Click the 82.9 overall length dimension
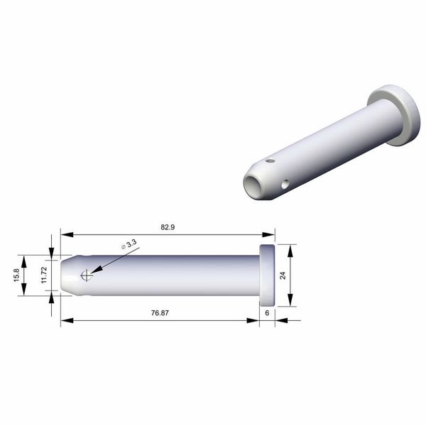(167, 227)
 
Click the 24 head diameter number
(283, 275)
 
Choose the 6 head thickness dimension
(266, 312)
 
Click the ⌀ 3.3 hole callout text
(129, 245)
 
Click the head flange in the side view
(267, 275)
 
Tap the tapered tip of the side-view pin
(67, 275)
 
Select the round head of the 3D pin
(395, 114)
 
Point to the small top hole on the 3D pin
(270, 161)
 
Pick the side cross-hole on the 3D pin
(285, 185)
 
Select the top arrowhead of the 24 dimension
(291, 248)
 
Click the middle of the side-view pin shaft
(163, 275)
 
